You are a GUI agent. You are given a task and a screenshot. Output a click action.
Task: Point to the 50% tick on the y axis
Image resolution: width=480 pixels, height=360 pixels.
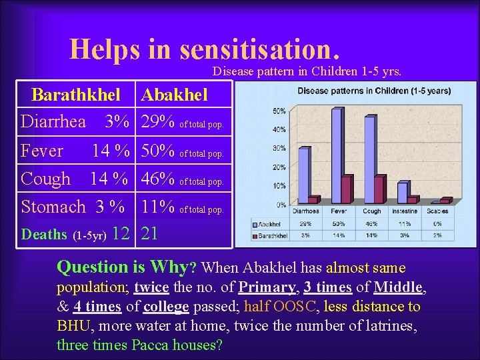click(x=280, y=111)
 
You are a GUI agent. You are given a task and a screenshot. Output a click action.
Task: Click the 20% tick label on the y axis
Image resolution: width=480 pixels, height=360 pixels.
click(x=280, y=167)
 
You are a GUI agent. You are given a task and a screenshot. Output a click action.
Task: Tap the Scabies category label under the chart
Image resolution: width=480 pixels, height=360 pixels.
click(x=437, y=211)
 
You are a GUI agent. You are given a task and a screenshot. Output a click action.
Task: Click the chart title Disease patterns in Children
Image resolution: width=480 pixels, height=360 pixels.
click(x=373, y=91)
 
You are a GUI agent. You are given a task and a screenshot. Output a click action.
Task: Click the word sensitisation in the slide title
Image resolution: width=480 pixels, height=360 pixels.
click(x=255, y=48)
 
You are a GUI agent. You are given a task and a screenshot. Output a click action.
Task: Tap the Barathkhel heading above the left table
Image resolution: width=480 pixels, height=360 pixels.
click(x=76, y=95)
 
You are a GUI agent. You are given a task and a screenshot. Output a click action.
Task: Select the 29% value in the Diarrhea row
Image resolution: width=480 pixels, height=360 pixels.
click(x=159, y=121)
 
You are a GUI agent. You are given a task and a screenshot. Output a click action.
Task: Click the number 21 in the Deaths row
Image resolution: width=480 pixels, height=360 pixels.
click(x=150, y=233)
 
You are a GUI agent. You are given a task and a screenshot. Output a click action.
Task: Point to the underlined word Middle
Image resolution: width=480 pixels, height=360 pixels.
click(x=398, y=287)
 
